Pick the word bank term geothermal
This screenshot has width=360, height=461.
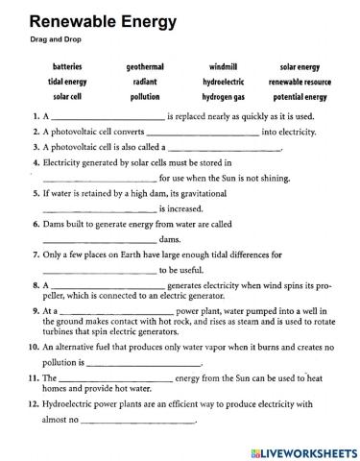click(144, 68)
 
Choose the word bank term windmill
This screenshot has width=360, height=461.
click(223, 68)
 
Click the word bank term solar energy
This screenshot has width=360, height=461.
click(300, 68)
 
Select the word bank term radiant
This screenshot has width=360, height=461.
click(144, 83)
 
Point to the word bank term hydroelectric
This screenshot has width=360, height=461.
click(223, 83)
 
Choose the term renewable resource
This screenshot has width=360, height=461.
click(300, 83)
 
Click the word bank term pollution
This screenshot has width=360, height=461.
click(144, 97)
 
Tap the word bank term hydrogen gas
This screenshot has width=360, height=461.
click(223, 97)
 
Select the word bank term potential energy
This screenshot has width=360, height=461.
click(300, 97)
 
